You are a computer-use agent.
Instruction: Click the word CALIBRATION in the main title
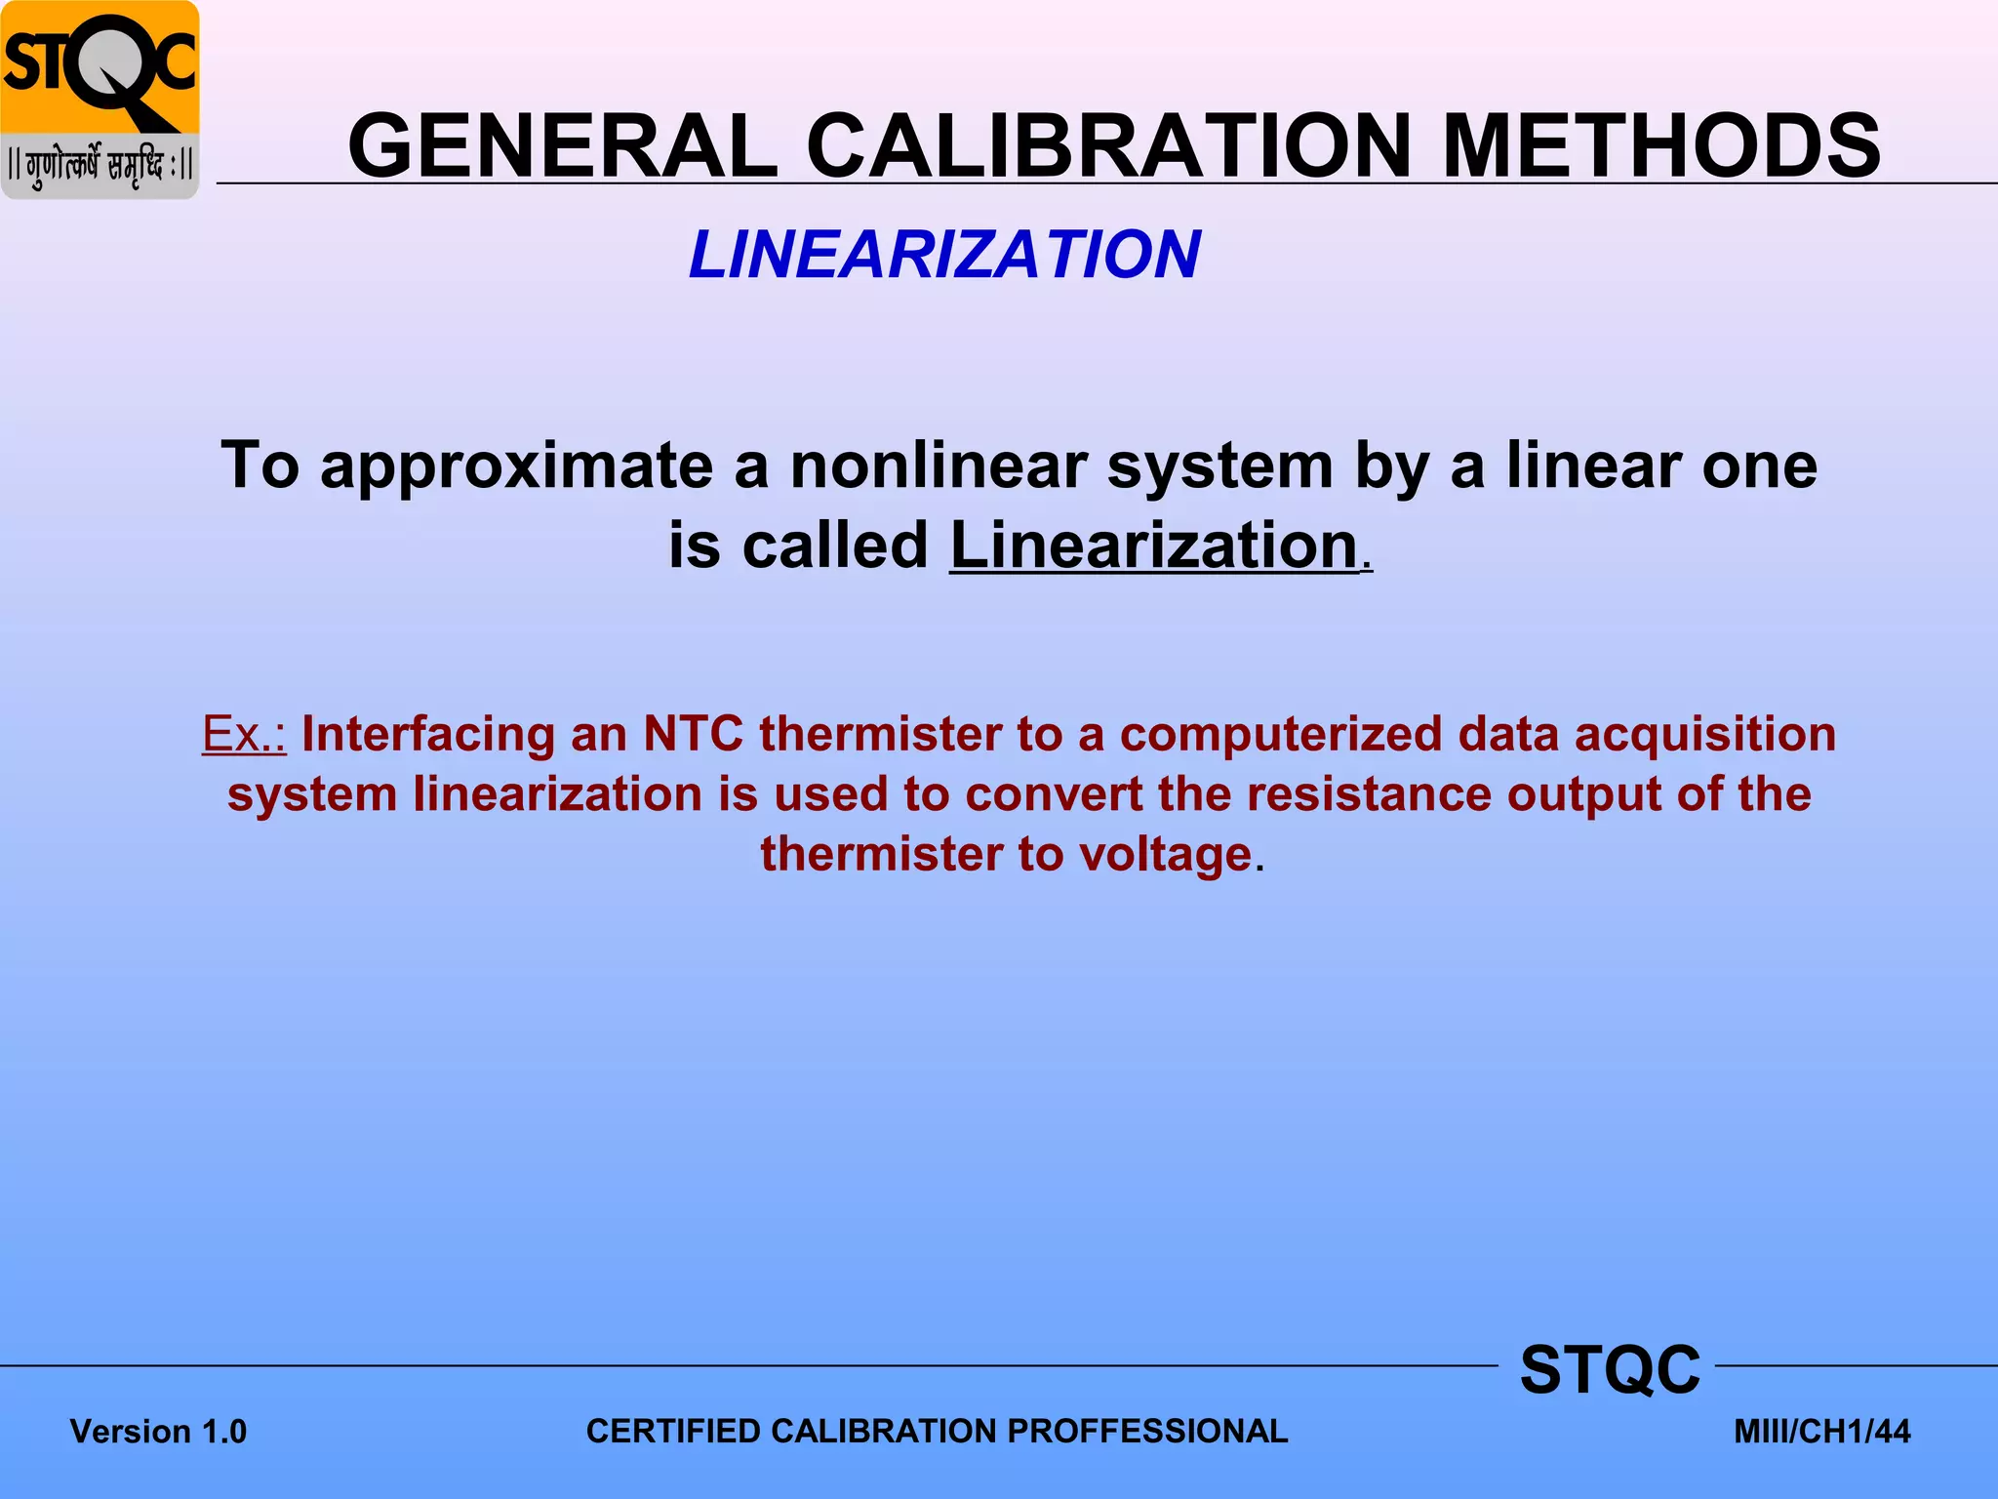1109,146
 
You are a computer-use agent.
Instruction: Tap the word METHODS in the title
1660,146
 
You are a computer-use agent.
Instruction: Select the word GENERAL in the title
563,146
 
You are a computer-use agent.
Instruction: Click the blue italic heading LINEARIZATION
944,255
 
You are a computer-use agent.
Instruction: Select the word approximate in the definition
517,466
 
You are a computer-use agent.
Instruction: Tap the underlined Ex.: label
244,734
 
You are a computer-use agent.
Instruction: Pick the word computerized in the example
1281,734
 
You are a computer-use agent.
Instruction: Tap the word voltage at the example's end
1165,854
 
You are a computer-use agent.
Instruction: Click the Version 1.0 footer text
158,1432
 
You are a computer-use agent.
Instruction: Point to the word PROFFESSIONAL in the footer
1147,1431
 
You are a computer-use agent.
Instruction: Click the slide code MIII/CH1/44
1821,1432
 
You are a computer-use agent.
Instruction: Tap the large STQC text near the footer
1610,1369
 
